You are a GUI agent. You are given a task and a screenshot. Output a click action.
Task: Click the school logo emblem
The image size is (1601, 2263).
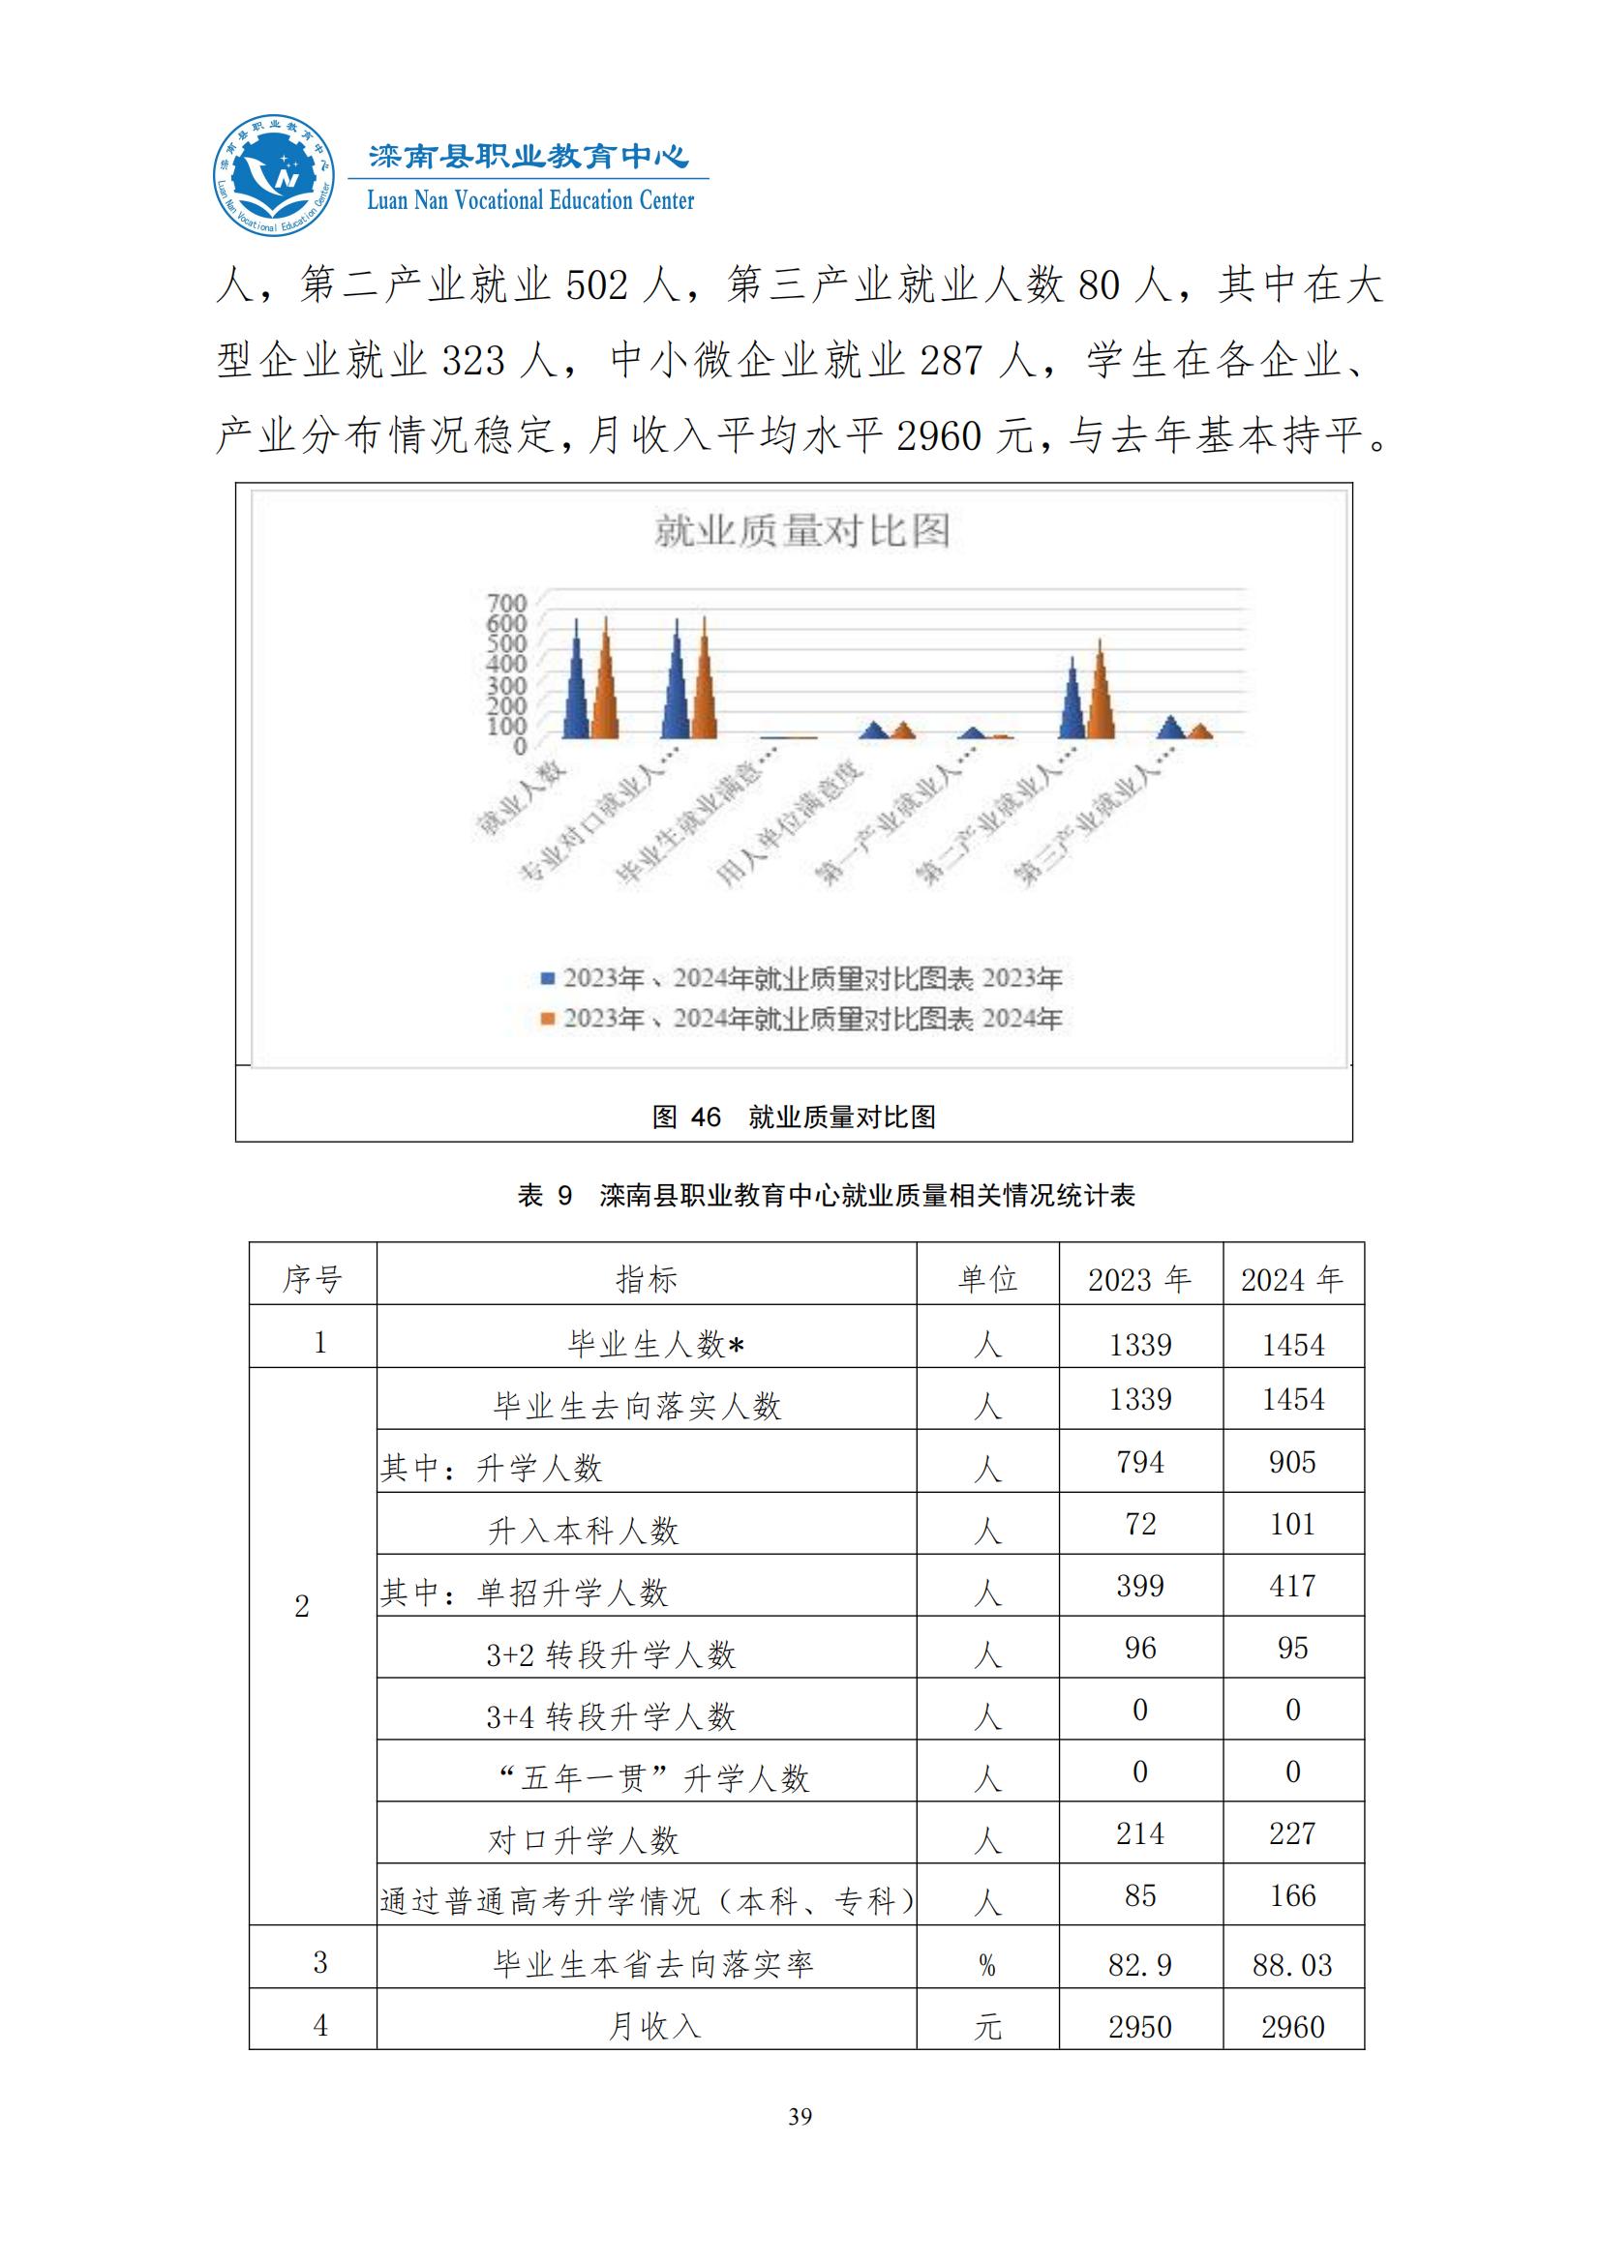pos(274,176)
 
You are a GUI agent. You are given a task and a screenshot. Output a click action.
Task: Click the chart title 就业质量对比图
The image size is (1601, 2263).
pos(801,532)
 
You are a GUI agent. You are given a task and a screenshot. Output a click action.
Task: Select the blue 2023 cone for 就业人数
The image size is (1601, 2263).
pos(577,690)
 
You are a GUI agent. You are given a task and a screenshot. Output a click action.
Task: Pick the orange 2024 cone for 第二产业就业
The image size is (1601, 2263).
pos(1101,695)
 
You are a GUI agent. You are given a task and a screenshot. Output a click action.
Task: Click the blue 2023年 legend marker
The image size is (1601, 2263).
pos(547,979)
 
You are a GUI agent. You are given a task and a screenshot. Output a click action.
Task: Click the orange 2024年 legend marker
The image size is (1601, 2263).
pos(547,1018)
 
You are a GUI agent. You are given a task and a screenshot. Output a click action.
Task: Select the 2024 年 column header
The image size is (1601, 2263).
pos(1292,1279)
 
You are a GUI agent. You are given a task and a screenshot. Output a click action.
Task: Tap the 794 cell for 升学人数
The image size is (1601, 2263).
pos(1139,1462)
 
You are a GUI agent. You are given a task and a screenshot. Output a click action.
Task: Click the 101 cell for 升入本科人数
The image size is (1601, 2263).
pos(1292,1524)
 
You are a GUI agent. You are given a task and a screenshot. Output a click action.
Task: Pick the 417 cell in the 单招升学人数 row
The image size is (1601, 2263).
pos(1292,1586)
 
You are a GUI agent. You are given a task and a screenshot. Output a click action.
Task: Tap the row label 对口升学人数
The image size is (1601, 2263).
pos(584,1840)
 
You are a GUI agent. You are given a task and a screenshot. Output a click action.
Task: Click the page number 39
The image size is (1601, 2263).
pos(800,2116)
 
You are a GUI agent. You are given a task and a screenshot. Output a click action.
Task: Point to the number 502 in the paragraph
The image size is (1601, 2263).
pos(596,285)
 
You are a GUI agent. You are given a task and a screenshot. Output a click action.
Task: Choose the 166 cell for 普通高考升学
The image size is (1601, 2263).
pos(1292,1895)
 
